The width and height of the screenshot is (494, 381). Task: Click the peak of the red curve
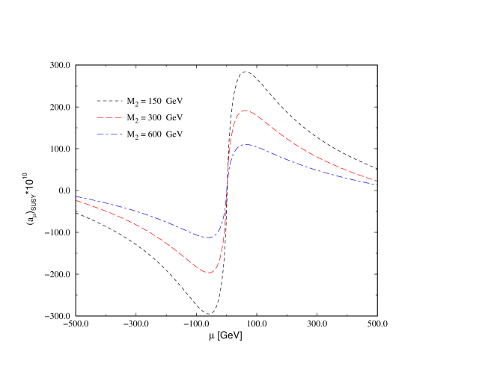point(245,111)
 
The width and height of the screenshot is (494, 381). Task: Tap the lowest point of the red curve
point(209,273)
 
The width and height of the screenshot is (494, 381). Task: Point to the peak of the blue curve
point(245,144)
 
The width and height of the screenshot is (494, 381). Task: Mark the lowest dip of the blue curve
point(209,238)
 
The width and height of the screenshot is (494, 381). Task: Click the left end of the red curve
point(76,200)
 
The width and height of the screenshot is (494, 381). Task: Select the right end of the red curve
point(376,181)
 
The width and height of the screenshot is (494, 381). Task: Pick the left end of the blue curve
point(76,196)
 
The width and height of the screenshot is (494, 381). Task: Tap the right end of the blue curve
point(376,184)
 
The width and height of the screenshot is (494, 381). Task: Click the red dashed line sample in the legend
point(109,118)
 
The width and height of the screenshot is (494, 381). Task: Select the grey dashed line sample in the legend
point(109,100)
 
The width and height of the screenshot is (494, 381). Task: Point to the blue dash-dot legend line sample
point(109,135)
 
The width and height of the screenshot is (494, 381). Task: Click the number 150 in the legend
point(154,100)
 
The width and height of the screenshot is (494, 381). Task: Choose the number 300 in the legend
point(154,118)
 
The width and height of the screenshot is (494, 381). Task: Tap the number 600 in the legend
point(154,135)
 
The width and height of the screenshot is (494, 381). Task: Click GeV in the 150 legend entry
point(174,100)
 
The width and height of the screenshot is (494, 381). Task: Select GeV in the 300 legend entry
point(174,118)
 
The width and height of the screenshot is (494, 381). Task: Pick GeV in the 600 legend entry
point(174,135)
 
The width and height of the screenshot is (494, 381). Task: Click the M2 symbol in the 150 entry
point(132,101)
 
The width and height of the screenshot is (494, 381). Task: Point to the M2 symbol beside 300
point(132,119)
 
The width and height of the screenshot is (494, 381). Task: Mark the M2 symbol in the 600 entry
point(132,136)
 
